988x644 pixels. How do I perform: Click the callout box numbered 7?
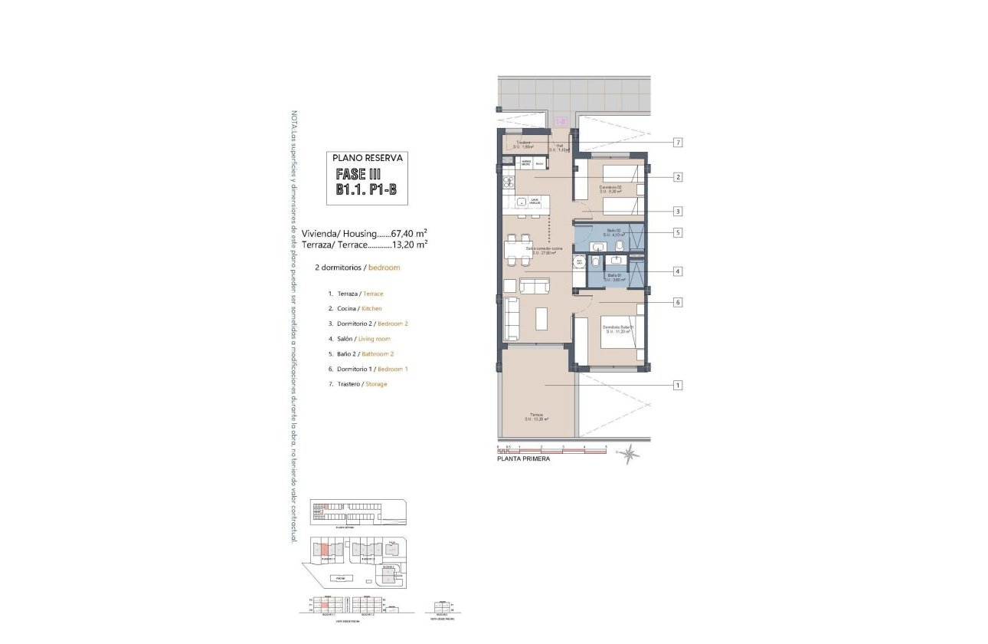click(x=678, y=143)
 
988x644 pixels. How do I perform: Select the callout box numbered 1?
click(x=678, y=385)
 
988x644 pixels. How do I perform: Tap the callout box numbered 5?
click(x=678, y=232)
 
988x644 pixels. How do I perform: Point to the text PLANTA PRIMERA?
click(x=523, y=459)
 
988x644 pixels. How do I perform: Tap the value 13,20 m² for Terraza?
click(x=409, y=245)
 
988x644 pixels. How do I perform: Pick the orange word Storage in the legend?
click(x=376, y=383)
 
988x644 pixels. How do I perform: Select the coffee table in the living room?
click(x=541, y=317)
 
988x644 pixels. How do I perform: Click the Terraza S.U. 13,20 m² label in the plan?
click(x=538, y=417)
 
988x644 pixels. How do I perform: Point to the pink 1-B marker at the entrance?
click(x=560, y=121)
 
